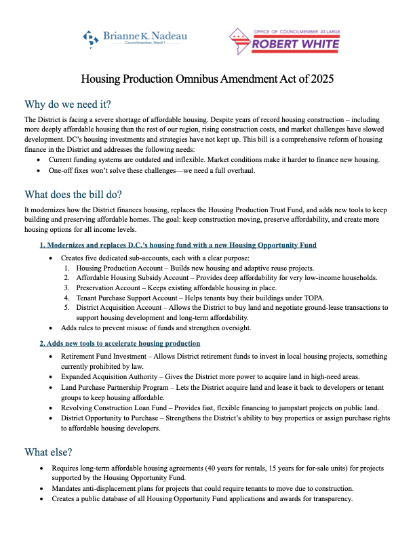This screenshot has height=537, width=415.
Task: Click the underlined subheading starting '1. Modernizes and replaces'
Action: (x=178, y=244)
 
